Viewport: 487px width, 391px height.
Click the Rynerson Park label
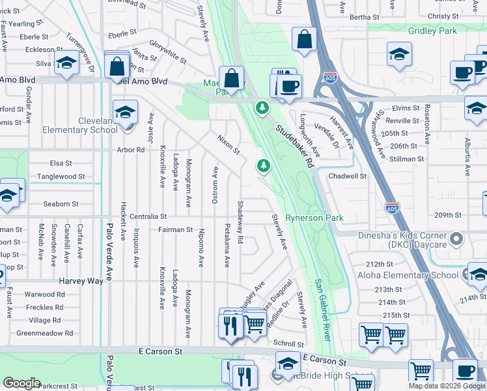[314, 218]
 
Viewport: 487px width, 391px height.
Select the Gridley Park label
[433, 31]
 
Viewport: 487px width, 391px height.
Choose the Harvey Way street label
[81, 281]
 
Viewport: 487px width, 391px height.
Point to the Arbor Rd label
[131, 150]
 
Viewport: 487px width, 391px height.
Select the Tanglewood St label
[62, 177]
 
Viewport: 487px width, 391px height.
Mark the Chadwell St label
[348, 176]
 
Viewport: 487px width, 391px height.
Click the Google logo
[21, 383]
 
